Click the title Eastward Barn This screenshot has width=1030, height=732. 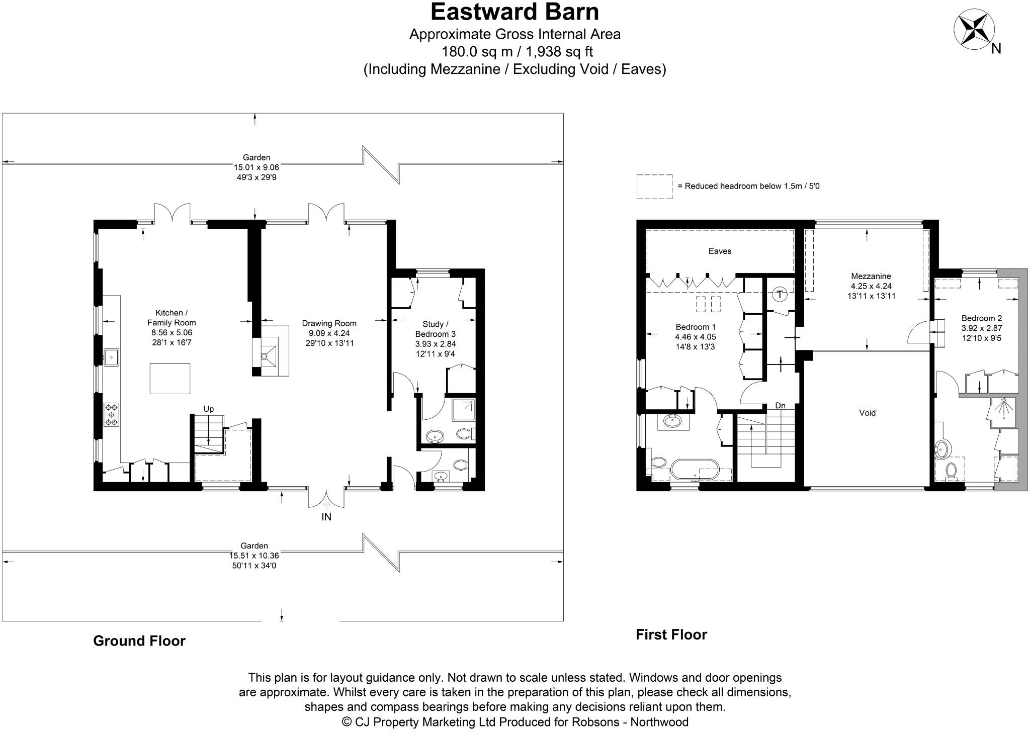click(x=514, y=12)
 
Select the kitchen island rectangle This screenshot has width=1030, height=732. click(x=170, y=379)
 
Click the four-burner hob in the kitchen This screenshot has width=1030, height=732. click(x=112, y=415)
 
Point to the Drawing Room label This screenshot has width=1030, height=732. click(x=329, y=323)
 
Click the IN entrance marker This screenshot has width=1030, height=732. click(x=326, y=517)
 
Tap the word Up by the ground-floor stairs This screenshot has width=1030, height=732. click(x=209, y=409)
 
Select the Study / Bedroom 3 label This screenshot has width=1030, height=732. click(x=436, y=329)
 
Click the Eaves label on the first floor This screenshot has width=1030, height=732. click(x=720, y=251)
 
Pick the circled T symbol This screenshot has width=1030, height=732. click(x=780, y=294)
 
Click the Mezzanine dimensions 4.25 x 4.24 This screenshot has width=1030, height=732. click(x=871, y=286)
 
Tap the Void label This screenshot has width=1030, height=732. click(x=868, y=413)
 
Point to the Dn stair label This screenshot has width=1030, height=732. click(x=780, y=406)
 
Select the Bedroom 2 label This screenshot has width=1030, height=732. click(x=982, y=318)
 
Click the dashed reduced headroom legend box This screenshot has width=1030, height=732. click(x=654, y=187)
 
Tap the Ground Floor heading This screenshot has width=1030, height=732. click(x=139, y=640)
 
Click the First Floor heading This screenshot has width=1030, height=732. click(x=671, y=634)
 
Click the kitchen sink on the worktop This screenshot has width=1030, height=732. click(x=111, y=356)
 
